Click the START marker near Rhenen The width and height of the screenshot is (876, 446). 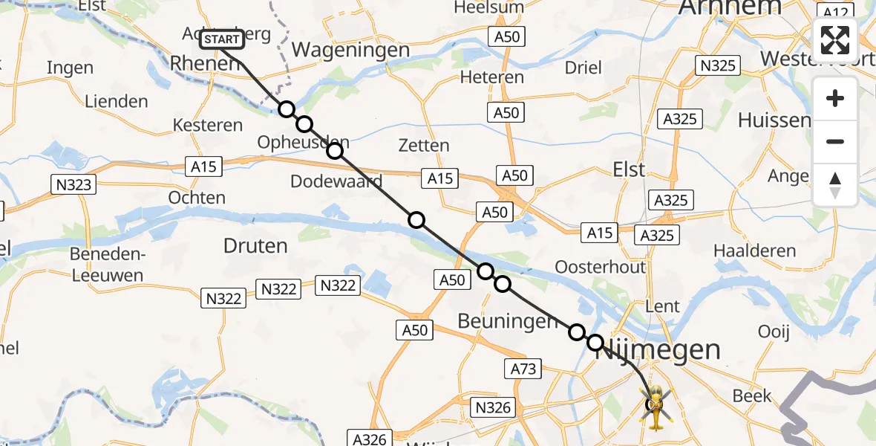(x=221, y=39)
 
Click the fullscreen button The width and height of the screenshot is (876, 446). (x=835, y=40)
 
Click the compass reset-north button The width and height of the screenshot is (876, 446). (x=835, y=185)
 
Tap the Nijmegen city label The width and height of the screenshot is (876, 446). (x=658, y=349)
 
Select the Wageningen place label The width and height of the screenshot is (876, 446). (x=351, y=50)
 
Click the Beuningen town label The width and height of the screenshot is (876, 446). (x=508, y=321)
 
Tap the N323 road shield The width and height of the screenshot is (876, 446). (x=73, y=184)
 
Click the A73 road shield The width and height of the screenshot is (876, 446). (x=525, y=368)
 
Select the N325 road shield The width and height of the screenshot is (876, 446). (x=718, y=65)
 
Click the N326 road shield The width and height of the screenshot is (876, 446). (x=494, y=407)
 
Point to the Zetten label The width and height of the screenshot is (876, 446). (x=423, y=146)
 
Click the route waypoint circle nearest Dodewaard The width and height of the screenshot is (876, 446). (x=335, y=151)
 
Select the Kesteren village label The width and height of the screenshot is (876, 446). (x=208, y=125)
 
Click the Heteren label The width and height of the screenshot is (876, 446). (x=492, y=77)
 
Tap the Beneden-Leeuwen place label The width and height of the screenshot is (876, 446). (x=106, y=265)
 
